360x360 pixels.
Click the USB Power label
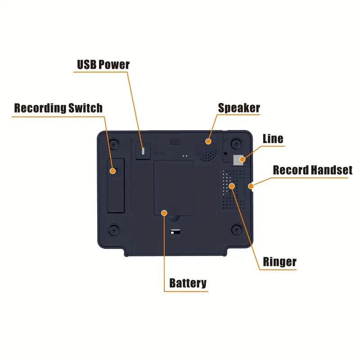click(x=103, y=65)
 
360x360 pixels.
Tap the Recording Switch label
click(x=58, y=108)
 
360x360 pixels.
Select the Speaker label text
click(x=239, y=108)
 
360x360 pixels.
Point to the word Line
click(x=273, y=139)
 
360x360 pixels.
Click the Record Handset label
click(x=312, y=170)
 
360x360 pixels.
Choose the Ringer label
click(x=279, y=262)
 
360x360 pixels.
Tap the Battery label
click(x=188, y=283)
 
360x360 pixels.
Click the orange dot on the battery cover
click(x=164, y=212)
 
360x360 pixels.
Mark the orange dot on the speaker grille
click(x=208, y=141)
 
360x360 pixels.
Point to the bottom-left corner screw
click(x=115, y=229)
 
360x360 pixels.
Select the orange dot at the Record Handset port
click(x=251, y=185)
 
